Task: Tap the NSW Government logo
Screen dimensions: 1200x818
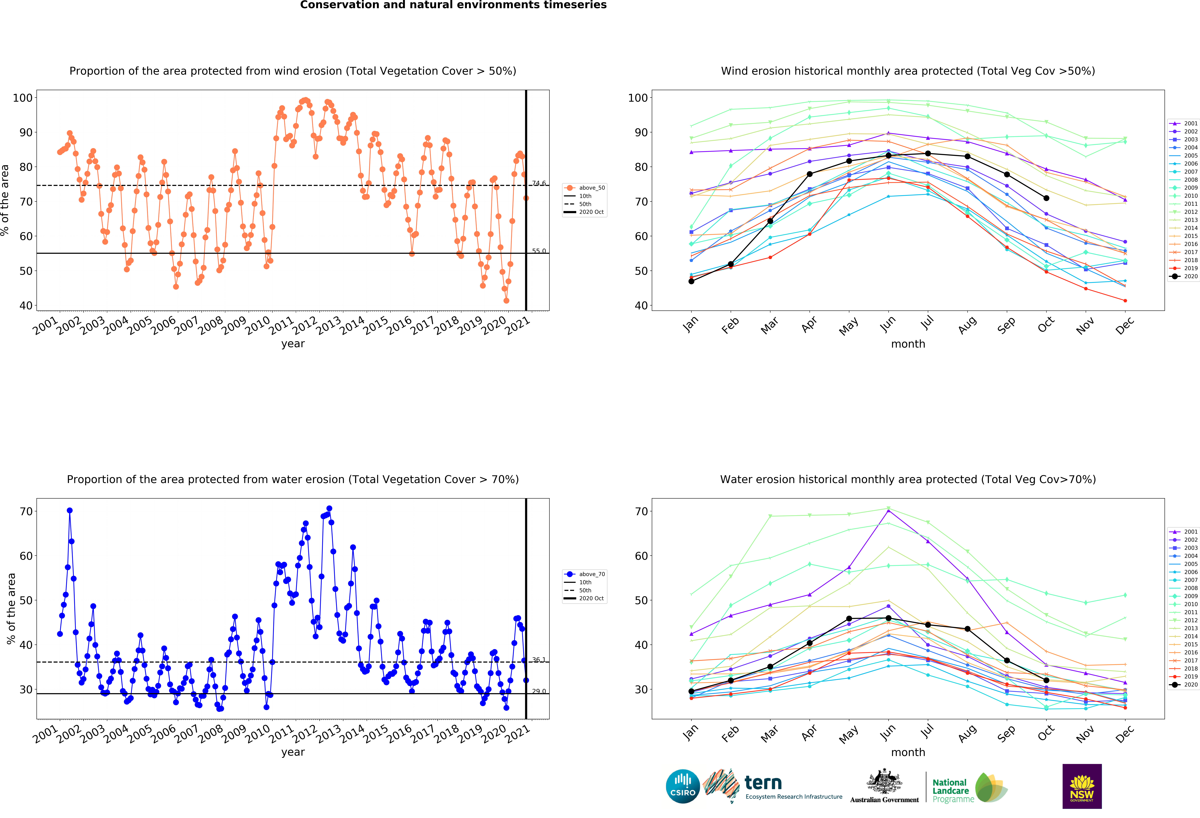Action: (x=1082, y=786)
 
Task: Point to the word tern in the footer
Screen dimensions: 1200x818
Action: (x=763, y=783)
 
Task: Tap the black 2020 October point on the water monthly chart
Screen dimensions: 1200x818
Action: (x=1046, y=680)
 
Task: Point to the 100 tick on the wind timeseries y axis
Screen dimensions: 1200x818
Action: (x=23, y=98)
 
